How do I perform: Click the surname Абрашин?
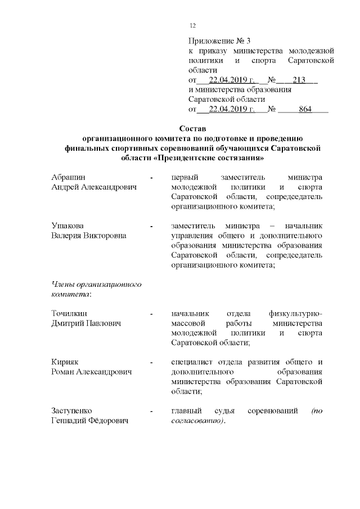pyautogui.click(x=68, y=177)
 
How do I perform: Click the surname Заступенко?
pyautogui.click(x=72, y=411)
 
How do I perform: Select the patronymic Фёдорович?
pyautogui.click(x=116, y=421)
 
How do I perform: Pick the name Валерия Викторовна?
pyautogui.click(x=89, y=236)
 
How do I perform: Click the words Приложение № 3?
pyautogui.click(x=219, y=41)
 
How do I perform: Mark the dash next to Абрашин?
pyautogui.click(x=151, y=178)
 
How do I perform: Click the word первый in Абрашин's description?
pyautogui.click(x=184, y=177)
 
